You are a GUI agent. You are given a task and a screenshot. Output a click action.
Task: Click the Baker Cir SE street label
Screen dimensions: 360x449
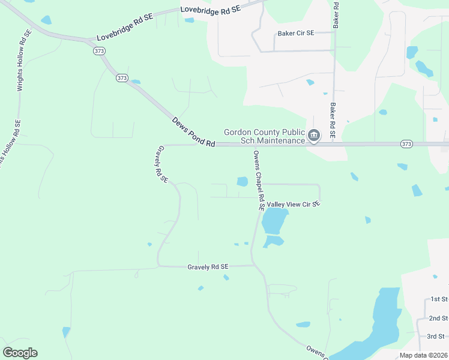[x=295, y=34]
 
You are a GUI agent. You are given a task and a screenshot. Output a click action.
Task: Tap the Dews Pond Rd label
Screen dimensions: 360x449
[x=193, y=131]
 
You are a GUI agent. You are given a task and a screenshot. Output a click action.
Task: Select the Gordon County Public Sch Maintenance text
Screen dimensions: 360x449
[x=265, y=136]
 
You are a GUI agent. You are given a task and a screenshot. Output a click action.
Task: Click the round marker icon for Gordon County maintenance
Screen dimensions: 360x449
[x=313, y=137]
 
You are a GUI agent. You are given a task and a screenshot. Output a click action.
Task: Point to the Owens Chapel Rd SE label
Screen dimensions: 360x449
[x=259, y=181]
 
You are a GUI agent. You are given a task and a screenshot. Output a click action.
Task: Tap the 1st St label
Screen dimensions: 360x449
[x=439, y=299]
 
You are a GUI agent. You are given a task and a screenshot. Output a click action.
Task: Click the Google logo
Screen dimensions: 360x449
[x=20, y=353]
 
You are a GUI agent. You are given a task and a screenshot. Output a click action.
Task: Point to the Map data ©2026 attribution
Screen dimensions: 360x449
[x=424, y=355]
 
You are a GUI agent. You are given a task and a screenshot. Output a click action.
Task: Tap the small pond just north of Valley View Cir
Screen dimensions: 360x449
[x=242, y=181]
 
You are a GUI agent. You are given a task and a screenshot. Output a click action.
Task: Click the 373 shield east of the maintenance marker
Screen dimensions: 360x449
[x=406, y=144]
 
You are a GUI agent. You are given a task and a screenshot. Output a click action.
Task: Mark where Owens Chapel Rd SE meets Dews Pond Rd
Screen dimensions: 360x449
[x=255, y=145]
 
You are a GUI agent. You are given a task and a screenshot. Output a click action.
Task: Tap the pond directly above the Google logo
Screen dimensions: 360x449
[x=66, y=331]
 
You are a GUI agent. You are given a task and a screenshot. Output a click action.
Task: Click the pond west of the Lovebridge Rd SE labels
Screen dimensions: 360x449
[x=46, y=20]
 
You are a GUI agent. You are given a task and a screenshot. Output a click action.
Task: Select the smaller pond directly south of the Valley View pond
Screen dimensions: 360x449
[x=273, y=241]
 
